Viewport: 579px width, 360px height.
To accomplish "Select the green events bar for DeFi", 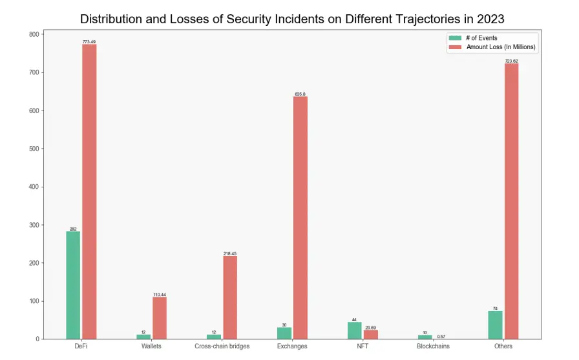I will [x=73, y=285].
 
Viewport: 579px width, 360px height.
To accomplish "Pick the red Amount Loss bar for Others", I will [x=511, y=201].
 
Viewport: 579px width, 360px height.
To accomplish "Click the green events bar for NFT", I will [x=354, y=330].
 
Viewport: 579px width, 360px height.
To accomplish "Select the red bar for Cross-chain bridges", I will [x=230, y=297].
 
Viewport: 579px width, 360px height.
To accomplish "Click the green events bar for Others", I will [x=495, y=325].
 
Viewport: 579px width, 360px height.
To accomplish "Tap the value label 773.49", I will [x=89, y=42].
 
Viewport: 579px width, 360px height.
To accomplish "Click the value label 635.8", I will [x=300, y=94].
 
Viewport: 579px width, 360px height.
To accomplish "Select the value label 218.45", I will [x=230, y=253].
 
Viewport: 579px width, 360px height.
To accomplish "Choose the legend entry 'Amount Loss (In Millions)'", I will [x=501, y=47].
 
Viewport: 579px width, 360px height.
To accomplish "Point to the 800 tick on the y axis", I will [x=33, y=34].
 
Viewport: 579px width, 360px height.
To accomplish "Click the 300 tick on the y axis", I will [x=33, y=225].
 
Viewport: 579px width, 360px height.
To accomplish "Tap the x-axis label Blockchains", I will [x=432, y=346].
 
